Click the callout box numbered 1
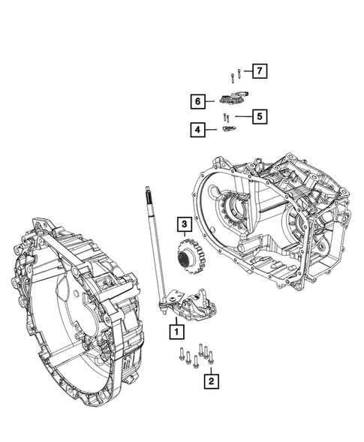point(176,329)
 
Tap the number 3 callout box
point(182,223)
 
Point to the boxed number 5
point(259,116)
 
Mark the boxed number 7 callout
point(259,72)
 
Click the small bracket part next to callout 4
point(230,130)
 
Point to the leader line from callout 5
point(242,116)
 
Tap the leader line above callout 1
point(176,317)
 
